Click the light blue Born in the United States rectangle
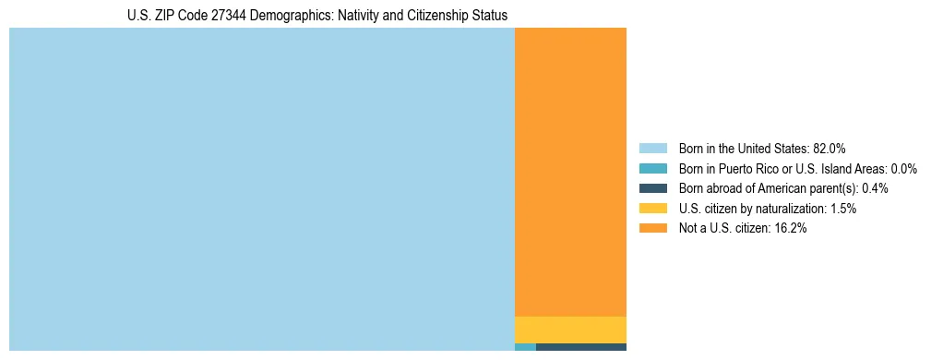[x=261, y=188]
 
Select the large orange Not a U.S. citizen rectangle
[x=570, y=172]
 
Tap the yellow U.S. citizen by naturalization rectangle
[x=570, y=330]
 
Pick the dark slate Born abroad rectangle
[x=581, y=347]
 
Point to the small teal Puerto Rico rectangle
[x=525, y=347]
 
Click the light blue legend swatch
[x=652, y=148]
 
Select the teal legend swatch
[x=652, y=168]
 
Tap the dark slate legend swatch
[x=652, y=188]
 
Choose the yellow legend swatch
[x=652, y=209]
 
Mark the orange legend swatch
[x=652, y=228]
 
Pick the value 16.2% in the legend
[x=791, y=228]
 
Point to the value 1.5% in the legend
[x=842, y=209]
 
